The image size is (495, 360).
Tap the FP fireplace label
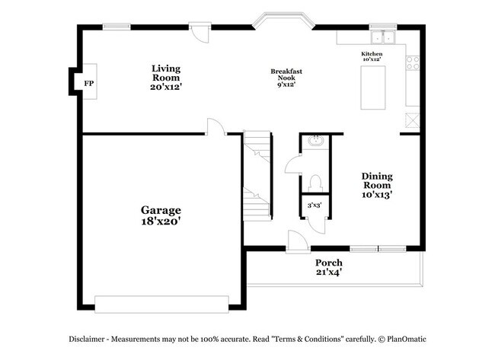coord(88,83)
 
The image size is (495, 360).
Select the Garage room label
coord(160,209)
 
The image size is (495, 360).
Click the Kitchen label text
coord(372,54)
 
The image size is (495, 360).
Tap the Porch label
coord(329,263)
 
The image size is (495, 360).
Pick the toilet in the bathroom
coord(316,183)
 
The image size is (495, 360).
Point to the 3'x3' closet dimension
coord(314,205)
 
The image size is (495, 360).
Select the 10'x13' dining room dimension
coord(376,194)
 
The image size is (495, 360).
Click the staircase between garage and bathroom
coord(258,177)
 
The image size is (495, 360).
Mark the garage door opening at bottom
coord(160,304)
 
